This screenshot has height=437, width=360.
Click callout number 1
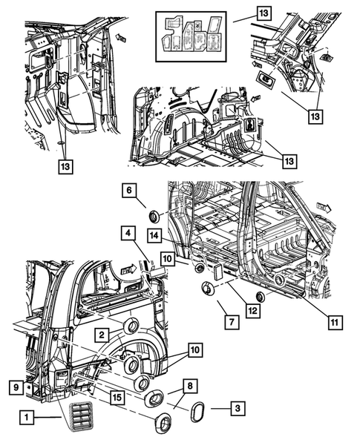[x=27, y=417]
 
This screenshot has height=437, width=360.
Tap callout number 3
[x=238, y=409]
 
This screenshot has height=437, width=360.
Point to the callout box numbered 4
[x=128, y=233]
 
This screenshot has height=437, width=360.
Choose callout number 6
[x=129, y=191]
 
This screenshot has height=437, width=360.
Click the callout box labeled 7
[x=232, y=322]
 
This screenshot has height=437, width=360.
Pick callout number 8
[x=190, y=386]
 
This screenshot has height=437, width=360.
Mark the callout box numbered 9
[x=16, y=387]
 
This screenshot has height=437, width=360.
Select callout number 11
[x=335, y=323]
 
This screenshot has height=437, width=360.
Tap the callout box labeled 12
[x=253, y=310]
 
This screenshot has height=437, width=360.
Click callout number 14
[x=154, y=236]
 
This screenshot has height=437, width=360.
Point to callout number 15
[x=117, y=397]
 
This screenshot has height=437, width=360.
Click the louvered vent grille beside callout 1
[x=80, y=416]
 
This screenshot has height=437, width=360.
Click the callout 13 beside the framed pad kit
[x=264, y=13]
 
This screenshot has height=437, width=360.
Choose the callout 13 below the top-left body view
[x=65, y=166]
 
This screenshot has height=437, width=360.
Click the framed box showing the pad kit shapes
[x=191, y=36]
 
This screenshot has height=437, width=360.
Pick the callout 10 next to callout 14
[x=168, y=259]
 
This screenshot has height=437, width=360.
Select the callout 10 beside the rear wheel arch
[x=195, y=349]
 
